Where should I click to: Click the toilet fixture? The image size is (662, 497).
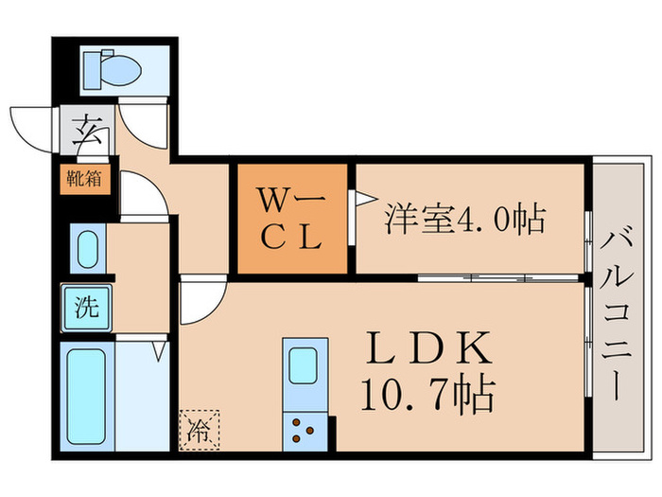(x=112, y=69)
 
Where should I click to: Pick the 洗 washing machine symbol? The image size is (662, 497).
(x=86, y=307)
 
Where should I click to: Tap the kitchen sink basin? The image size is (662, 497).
(x=303, y=364)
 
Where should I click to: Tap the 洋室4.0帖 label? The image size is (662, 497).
(x=463, y=220)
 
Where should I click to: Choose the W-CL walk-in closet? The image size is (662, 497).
(x=292, y=219)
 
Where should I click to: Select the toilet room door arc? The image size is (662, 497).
(x=147, y=124)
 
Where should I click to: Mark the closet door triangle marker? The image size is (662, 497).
(x=358, y=199)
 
